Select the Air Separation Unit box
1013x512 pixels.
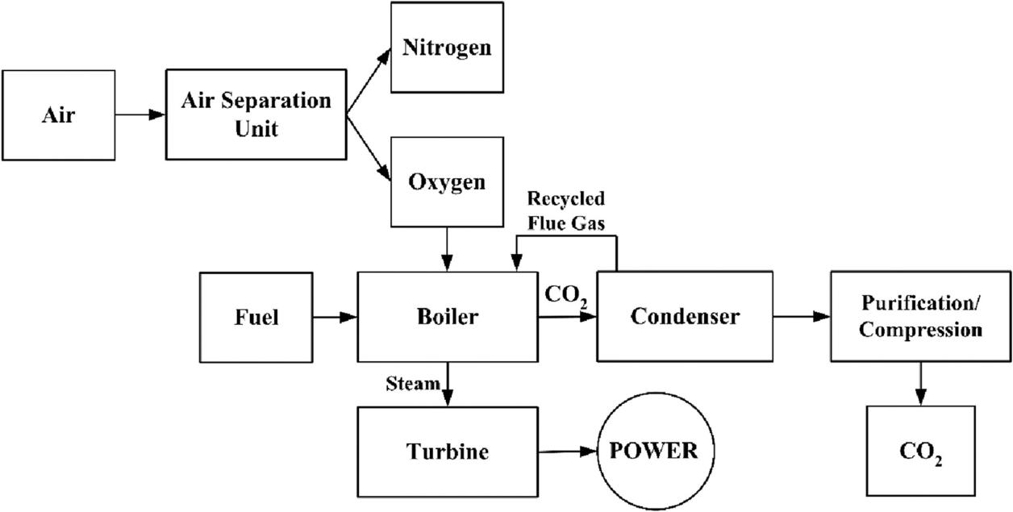pyautogui.click(x=256, y=114)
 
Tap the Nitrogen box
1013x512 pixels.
pyautogui.click(x=447, y=47)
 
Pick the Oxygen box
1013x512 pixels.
pyautogui.click(x=447, y=181)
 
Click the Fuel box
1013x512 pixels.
pyautogui.click(x=257, y=317)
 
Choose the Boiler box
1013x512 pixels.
pyautogui.click(x=448, y=316)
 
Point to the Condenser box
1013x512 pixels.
pyautogui.click(x=684, y=316)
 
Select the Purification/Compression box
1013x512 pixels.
pyautogui.click(x=920, y=317)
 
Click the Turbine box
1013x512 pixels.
pyautogui.click(x=448, y=451)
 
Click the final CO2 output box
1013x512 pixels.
pyautogui.click(x=920, y=451)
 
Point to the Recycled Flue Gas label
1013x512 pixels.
pyautogui.click(x=565, y=210)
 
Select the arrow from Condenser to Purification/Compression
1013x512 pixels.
pyautogui.click(x=801, y=317)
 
